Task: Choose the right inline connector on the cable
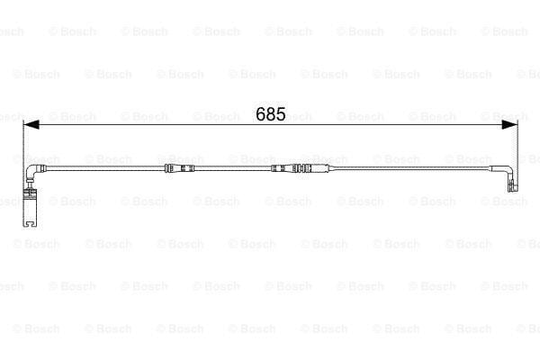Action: click(292, 169)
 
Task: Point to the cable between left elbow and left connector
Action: click(99, 169)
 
